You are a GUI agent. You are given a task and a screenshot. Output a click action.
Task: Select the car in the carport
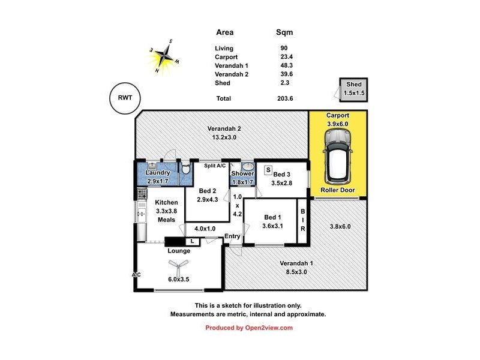338,157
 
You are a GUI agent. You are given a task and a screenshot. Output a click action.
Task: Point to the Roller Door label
338,190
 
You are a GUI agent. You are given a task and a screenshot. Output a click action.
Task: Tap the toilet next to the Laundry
186,169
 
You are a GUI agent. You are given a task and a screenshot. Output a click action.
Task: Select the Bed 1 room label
272,217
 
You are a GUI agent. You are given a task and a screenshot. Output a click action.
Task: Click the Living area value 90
283,48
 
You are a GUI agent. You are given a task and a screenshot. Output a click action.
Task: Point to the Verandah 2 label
224,128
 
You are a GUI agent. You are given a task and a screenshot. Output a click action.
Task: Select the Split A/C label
214,166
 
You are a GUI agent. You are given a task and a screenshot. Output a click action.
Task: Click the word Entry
232,236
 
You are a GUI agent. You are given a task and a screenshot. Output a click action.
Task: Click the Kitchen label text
166,203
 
